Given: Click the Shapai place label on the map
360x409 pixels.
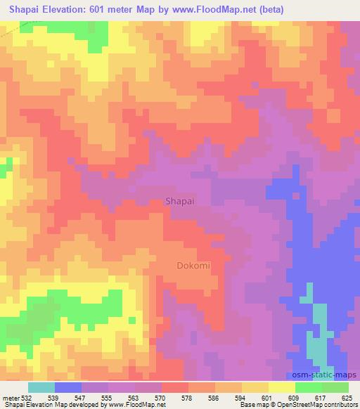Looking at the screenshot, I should click(x=177, y=200).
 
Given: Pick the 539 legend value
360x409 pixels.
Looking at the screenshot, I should click(x=55, y=398).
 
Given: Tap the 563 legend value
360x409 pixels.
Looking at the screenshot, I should click(x=135, y=398).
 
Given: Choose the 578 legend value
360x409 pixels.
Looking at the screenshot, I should click(x=188, y=398).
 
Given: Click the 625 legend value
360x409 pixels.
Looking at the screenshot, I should click(x=347, y=398).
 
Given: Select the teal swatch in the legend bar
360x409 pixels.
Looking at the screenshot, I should click(x=41, y=387).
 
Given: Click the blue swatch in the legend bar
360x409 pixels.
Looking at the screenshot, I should click(x=68, y=387).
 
